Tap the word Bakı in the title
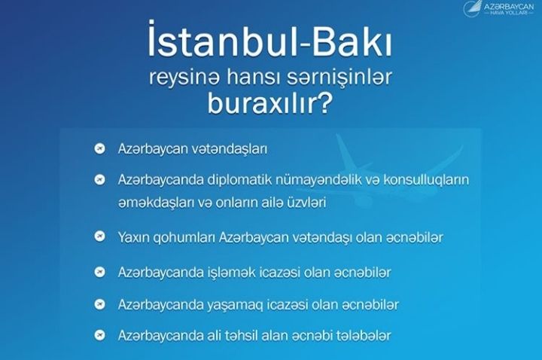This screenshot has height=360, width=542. point(352,41)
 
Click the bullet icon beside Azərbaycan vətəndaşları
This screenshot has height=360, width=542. point(99,148)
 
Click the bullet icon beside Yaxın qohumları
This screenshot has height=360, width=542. point(99,236)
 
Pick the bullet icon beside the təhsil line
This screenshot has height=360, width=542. point(99,334)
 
